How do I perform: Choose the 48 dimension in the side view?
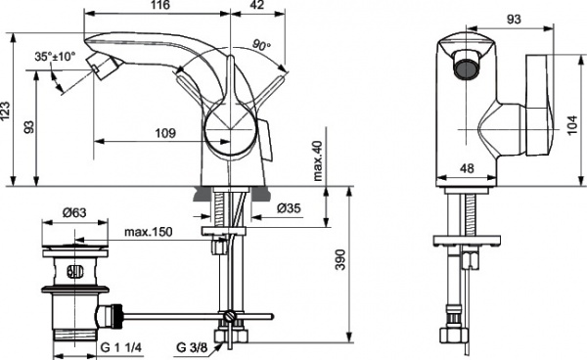click(x=467, y=168)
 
